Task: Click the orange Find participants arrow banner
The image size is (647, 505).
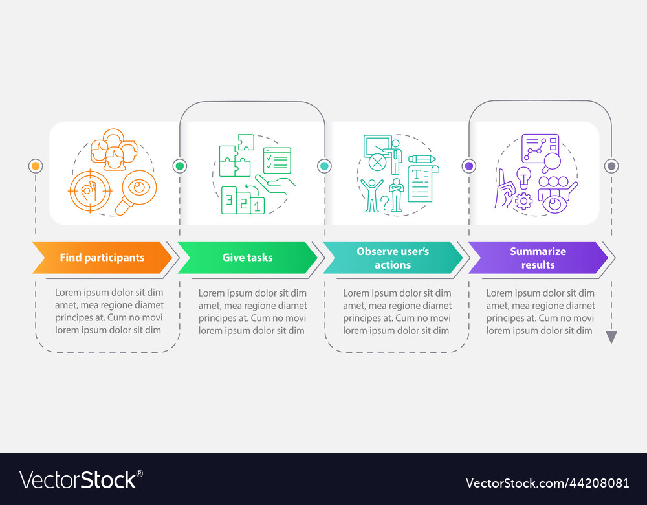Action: (x=102, y=258)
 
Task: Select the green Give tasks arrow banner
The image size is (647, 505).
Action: (x=248, y=258)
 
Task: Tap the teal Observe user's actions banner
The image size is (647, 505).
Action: (x=393, y=258)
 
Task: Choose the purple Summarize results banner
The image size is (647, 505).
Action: (x=538, y=258)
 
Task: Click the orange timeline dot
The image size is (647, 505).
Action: (x=36, y=166)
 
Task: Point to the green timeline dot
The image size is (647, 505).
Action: (x=180, y=166)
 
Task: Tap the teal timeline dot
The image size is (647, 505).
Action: (x=324, y=166)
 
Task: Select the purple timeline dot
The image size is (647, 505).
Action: (x=468, y=166)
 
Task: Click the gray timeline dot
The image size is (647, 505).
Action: (x=611, y=166)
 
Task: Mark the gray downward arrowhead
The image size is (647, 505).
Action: (x=611, y=337)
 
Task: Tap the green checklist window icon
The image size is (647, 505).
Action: (x=278, y=160)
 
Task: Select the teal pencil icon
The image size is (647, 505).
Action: (x=422, y=159)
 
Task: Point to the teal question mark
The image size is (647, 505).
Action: (x=384, y=203)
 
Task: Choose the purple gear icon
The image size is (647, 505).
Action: (x=524, y=201)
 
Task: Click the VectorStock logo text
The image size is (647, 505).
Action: (x=81, y=480)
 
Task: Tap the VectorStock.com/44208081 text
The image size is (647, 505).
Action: (x=547, y=483)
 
